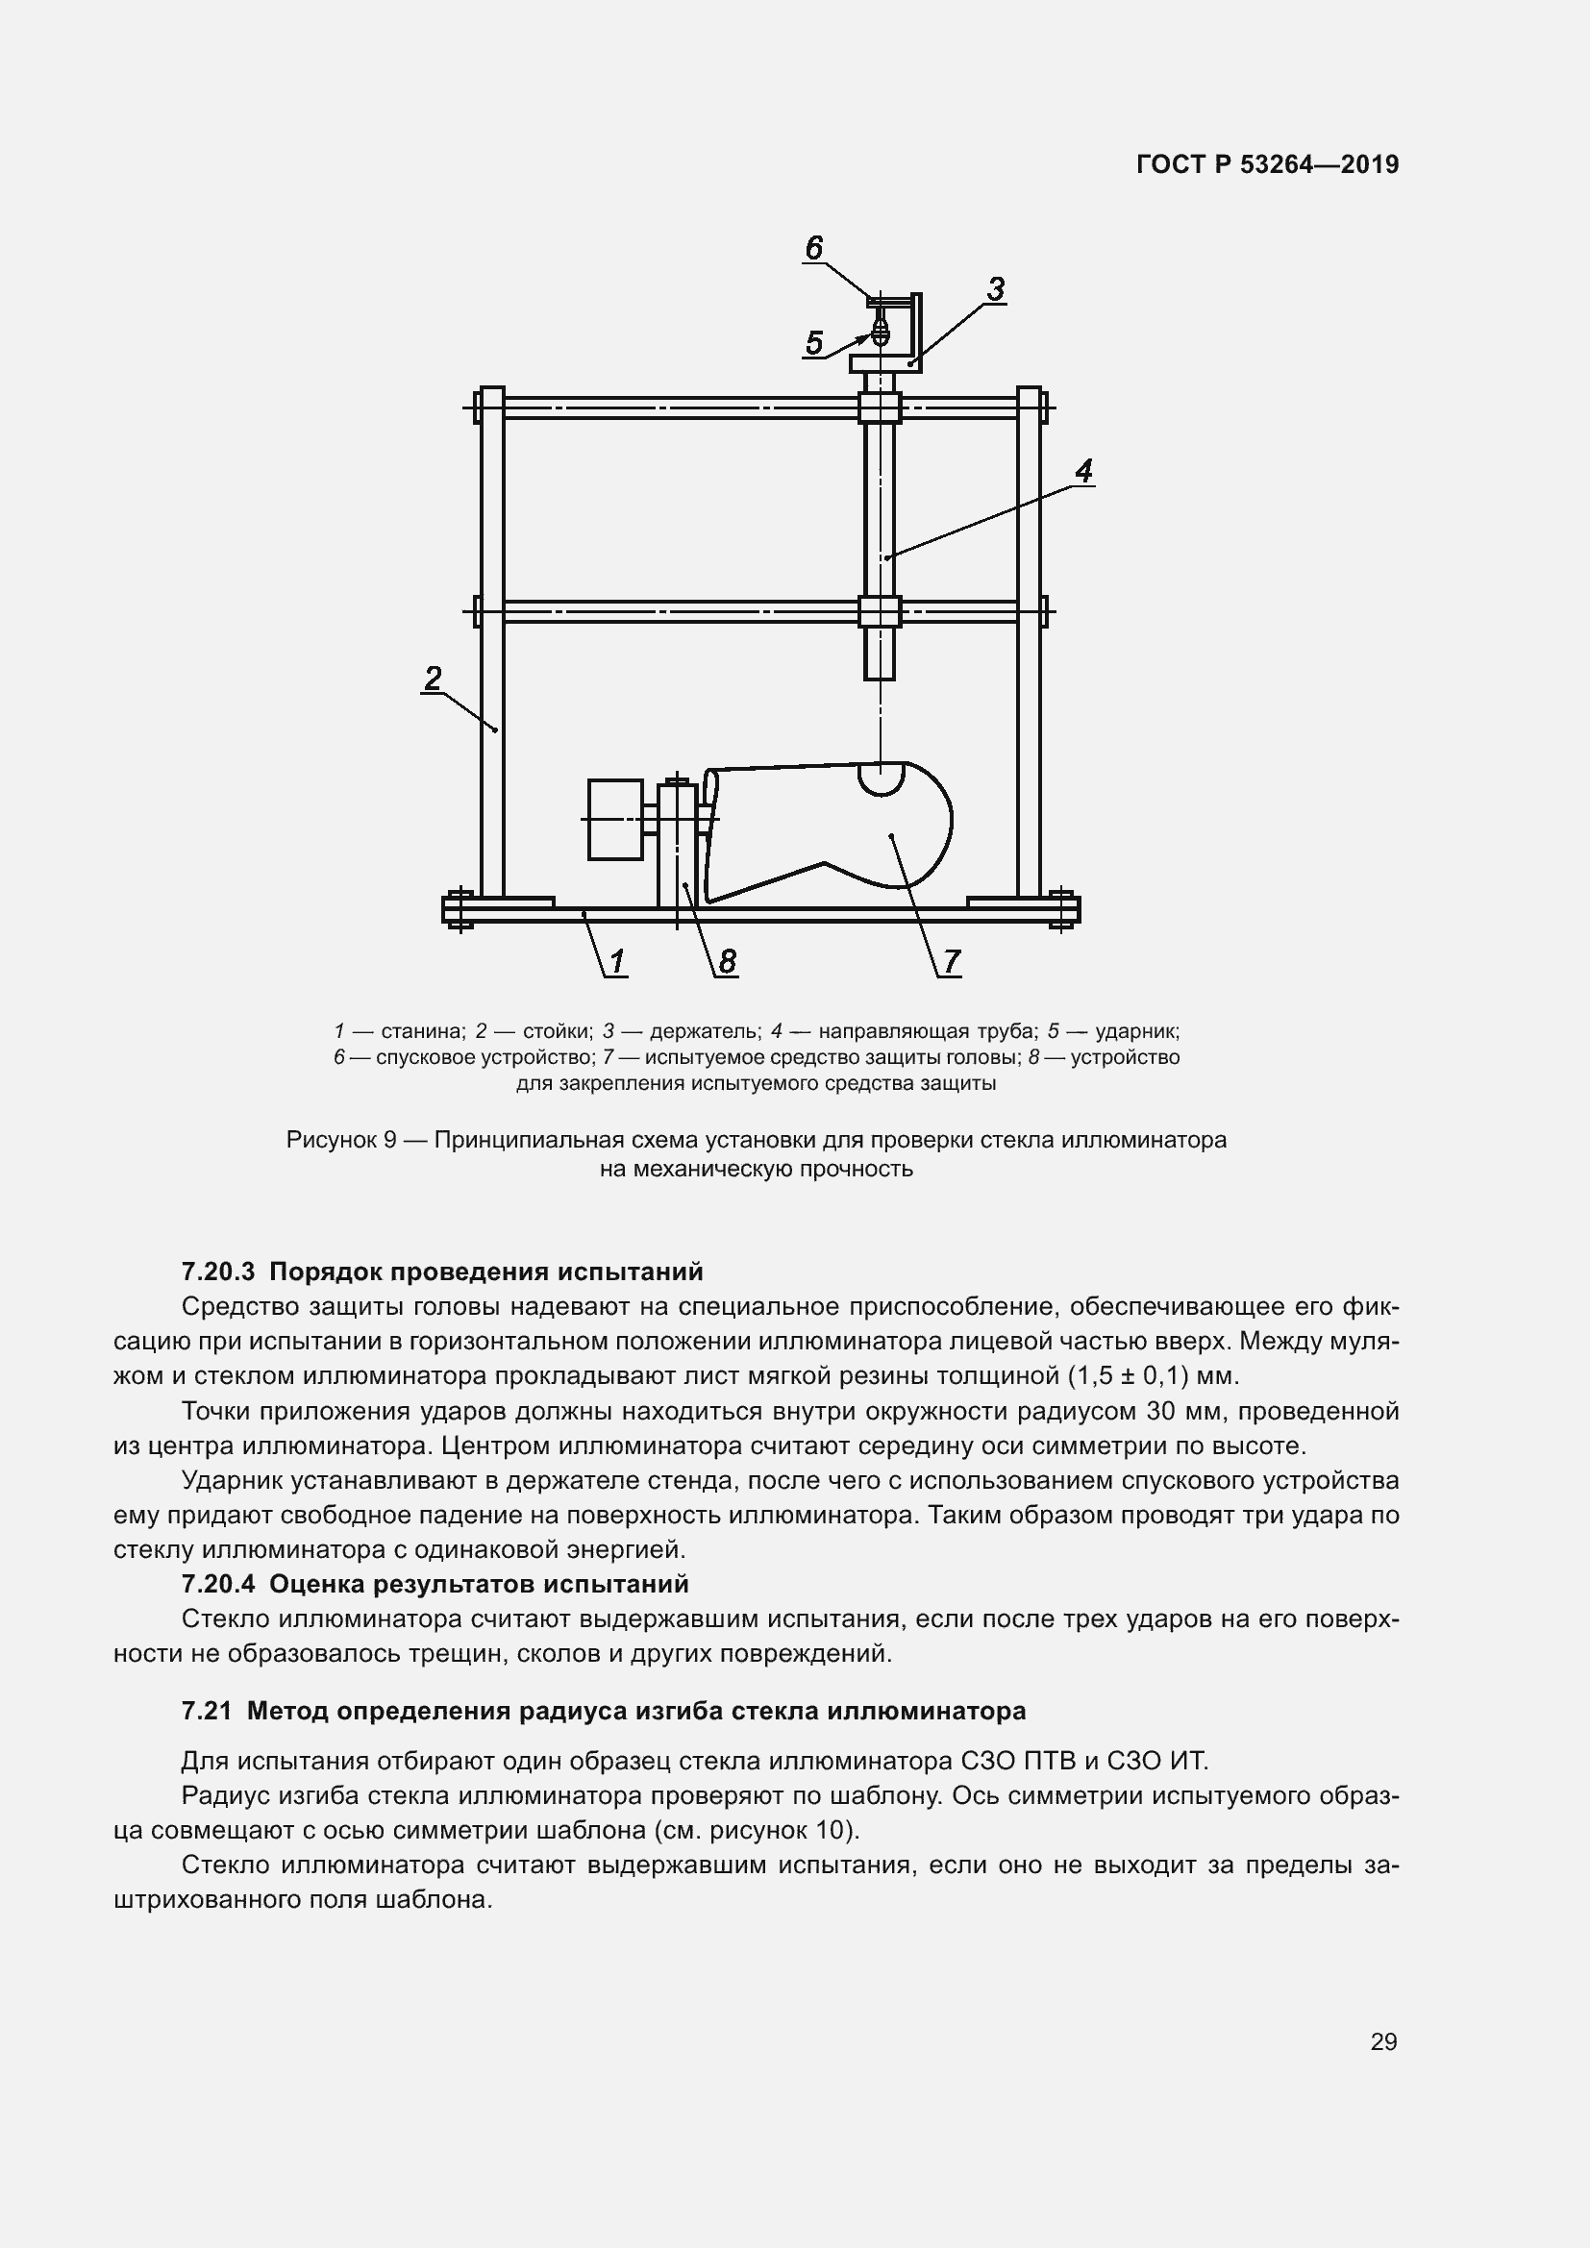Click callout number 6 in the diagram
813,248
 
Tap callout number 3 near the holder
995,289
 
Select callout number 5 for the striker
813,343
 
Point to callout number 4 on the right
1082,471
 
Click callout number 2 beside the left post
433,678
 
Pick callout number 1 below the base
618,961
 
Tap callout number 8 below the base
727,961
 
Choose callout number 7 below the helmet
951,961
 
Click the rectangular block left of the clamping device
615,820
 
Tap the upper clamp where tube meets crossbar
880,408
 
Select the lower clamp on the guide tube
880,612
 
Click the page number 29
1383,2041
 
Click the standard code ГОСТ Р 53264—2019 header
1267,164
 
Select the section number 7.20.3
217,1272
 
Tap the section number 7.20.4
217,1584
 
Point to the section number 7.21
207,1711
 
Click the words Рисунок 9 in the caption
340,1140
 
